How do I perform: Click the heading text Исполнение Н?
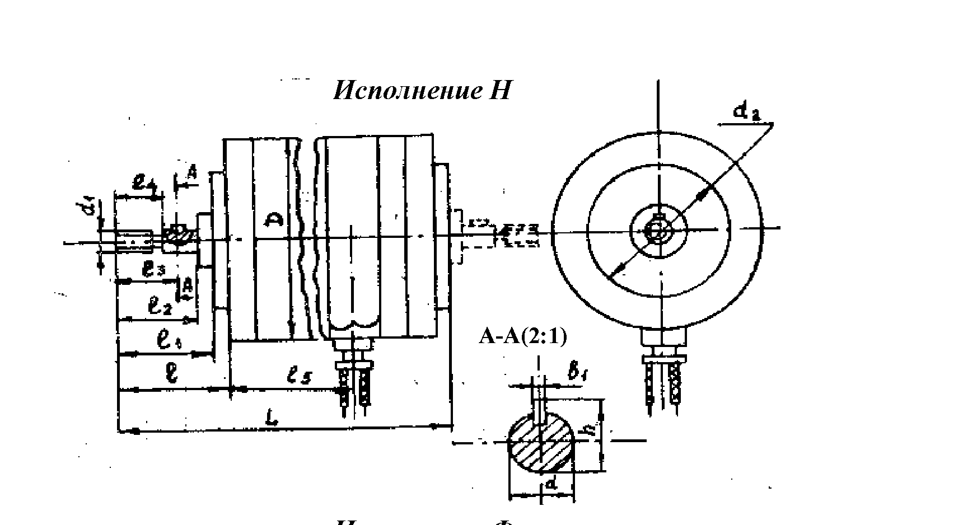tap(422, 90)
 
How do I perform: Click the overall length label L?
tap(271, 419)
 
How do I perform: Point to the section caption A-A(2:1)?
tap(522, 337)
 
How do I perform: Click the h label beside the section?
tap(588, 432)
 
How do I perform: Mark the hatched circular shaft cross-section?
tap(541, 442)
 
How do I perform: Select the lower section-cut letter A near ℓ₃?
tap(188, 287)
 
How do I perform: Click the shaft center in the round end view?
tap(658, 229)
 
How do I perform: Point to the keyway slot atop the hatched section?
tap(539, 409)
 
